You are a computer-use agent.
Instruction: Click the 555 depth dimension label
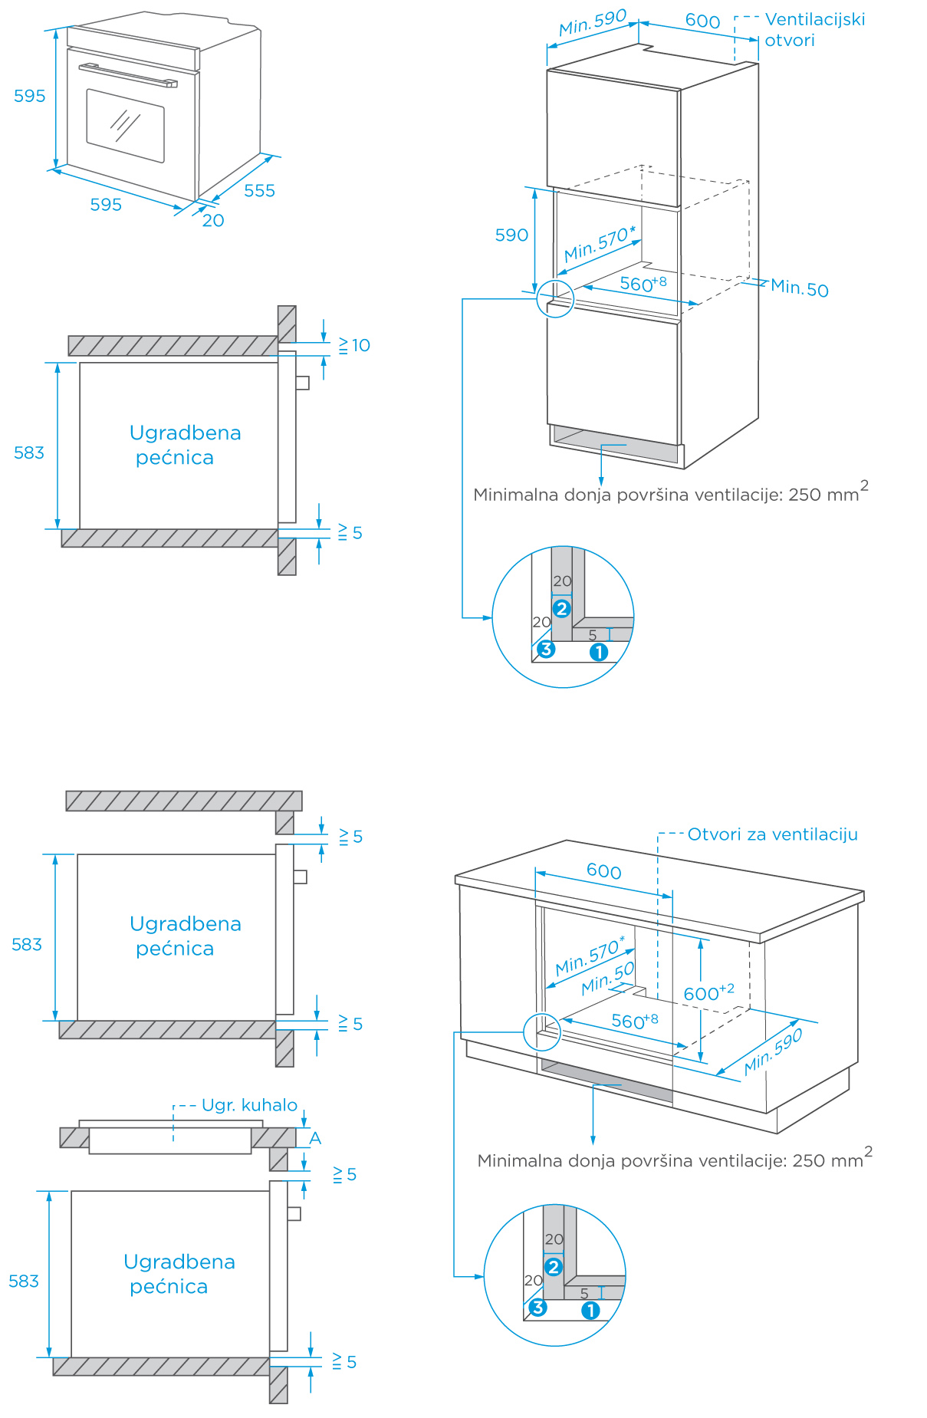click(259, 190)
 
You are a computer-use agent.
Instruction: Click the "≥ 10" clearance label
click(354, 345)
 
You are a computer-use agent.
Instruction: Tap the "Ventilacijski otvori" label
click(814, 29)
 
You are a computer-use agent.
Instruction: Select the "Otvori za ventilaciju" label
click(772, 834)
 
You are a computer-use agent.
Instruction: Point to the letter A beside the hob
click(315, 1138)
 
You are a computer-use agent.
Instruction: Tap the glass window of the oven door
click(125, 125)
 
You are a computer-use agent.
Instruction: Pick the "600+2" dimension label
click(708, 993)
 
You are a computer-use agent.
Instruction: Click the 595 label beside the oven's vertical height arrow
click(30, 96)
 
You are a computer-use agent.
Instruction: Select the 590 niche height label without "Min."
click(511, 235)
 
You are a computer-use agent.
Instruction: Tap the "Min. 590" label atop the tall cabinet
click(593, 23)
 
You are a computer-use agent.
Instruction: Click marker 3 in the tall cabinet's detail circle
click(545, 650)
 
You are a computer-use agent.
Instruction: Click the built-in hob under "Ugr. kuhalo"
click(170, 1140)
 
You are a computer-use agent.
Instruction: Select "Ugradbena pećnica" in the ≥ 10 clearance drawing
click(185, 445)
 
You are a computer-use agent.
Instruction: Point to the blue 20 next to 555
click(213, 221)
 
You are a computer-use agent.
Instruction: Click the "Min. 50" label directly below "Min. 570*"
click(608, 978)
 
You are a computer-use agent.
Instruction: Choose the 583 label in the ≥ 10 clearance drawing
click(29, 452)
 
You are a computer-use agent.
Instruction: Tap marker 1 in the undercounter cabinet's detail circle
click(590, 1311)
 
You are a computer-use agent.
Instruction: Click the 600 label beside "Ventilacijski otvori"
click(702, 21)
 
